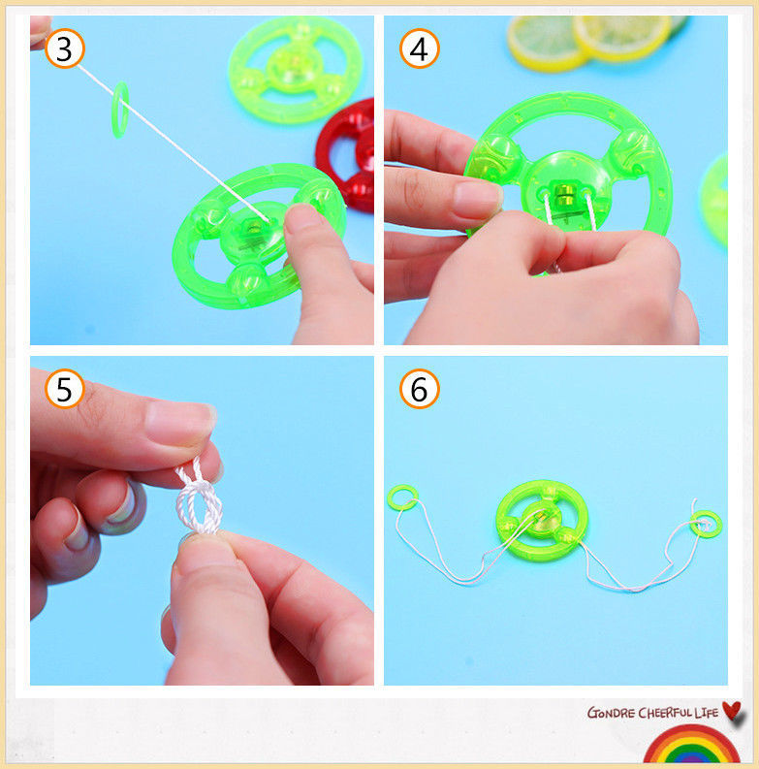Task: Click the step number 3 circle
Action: [x=65, y=48]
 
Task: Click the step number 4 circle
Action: [x=419, y=48]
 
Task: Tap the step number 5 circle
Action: [x=65, y=389]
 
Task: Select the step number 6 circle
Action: [x=419, y=389]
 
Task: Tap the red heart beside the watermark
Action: [x=734, y=711]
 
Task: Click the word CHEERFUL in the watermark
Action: [x=665, y=713]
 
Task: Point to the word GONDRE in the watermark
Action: [x=611, y=713]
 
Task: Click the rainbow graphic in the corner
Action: [x=691, y=746]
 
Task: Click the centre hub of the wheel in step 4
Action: [x=567, y=194]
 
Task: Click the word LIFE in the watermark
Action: [x=707, y=713]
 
